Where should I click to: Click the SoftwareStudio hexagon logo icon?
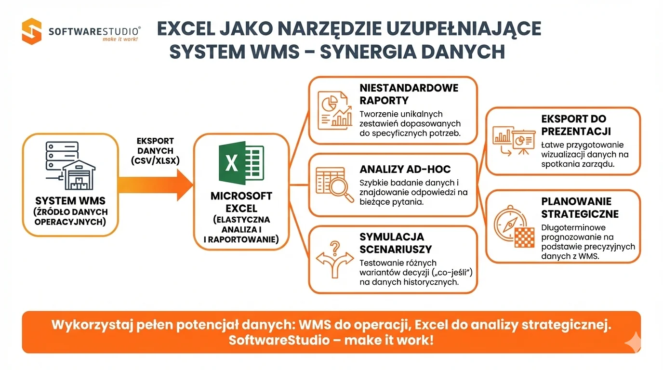(32, 31)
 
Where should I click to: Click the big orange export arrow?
(154, 185)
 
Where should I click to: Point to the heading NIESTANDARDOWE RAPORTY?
(409, 94)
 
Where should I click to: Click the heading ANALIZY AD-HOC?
(405, 170)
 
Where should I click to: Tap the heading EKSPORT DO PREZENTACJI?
(576, 125)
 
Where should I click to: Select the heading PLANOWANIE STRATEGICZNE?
(580, 208)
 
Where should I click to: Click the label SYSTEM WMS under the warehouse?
(70, 200)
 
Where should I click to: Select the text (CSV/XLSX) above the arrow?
(155, 161)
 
